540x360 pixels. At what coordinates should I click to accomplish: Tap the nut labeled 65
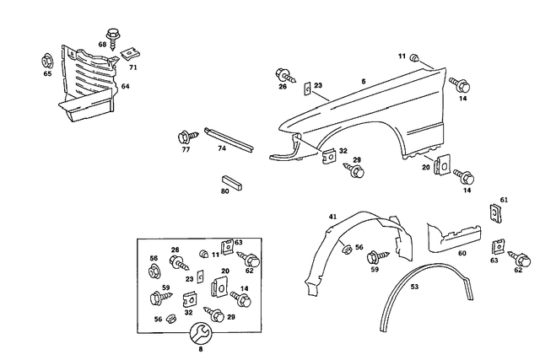(47, 61)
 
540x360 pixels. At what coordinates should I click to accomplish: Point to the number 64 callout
(125, 86)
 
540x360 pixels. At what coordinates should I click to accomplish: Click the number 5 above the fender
(364, 81)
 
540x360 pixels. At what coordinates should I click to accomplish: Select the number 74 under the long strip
(222, 148)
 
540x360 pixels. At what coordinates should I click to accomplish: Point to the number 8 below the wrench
(200, 348)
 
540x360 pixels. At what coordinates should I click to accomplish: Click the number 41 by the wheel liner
(332, 217)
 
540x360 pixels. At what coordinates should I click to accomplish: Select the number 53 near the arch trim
(414, 287)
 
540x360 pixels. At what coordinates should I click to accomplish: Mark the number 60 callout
(462, 252)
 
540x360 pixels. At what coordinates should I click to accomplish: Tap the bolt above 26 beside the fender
(283, 73)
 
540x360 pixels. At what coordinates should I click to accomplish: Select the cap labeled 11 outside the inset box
(415, 57)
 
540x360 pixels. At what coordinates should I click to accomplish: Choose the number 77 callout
(186, 149)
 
